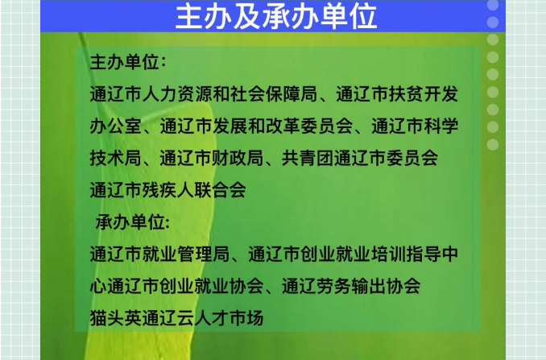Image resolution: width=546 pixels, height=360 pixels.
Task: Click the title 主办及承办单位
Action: point(276,17)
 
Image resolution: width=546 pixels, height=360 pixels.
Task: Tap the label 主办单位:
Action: point(128,63)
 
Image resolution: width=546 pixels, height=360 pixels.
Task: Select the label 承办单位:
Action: point(133,222)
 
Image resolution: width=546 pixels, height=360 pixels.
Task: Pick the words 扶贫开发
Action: point(424,94)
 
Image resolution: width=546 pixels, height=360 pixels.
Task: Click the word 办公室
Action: point(116,126)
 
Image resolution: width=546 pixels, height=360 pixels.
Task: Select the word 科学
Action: point(441,126)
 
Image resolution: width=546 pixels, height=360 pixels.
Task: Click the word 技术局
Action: point(116,158)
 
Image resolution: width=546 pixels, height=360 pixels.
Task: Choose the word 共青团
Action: point(308,158)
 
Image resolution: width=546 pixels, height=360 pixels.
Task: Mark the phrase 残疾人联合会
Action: point(194,190)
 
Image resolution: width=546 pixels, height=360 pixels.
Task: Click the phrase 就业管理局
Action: point(186,254)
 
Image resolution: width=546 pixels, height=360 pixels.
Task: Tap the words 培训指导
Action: point(406,254)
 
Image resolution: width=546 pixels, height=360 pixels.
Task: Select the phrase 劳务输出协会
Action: point(369,286)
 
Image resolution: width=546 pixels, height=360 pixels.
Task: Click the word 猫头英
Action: point(116,318)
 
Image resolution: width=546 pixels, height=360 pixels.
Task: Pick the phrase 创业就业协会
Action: point(212,286)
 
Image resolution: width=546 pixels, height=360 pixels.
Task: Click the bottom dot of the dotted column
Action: point(493,144)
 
